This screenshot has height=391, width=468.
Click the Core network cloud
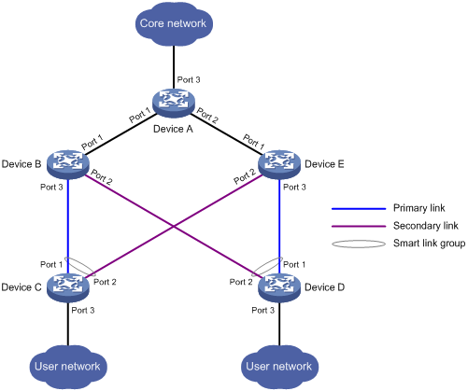click(x=174, y=24)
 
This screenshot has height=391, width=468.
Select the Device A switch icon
click(x=174, y=103)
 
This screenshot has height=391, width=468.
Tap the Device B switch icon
click(x=68, y=164)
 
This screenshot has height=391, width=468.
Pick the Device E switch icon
click(x=279, y=164)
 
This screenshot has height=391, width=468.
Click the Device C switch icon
click(x=68, y=287)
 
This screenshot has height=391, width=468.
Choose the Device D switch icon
click(x=279, y=287)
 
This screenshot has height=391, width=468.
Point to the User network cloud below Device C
click(x=68, y=367)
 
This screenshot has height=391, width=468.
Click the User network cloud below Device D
click(x=279, y=367)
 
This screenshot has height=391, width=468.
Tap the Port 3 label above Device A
click(x=189, y=80)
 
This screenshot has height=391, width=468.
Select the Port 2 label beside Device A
click(x=207, y=116)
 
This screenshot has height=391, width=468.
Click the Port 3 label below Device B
click(x=51, y=188)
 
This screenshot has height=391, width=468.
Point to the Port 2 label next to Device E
click(x=245, y=176)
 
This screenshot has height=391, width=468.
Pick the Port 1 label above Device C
click(x=51, y=265)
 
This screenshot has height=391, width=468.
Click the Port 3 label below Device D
click(x=263, y=311)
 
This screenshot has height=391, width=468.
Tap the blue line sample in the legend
click(x=359, y=209)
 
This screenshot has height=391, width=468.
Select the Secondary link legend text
click(x=426, y=226)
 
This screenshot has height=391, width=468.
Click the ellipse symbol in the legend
click(x=359, y=244)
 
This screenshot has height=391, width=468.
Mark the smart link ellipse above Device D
click(x=267, y=267)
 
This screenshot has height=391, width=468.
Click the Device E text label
click(x=324, y=164)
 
